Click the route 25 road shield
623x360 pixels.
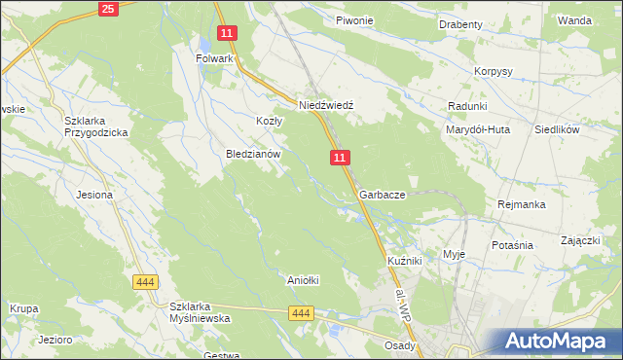point(108,9)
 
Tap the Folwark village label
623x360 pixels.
point(215,58)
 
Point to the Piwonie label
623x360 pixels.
point(354,20)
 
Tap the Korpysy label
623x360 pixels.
point(493,72)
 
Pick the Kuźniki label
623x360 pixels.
point(404,262)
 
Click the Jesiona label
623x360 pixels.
point(95,195)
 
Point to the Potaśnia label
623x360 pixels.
point(512,245)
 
